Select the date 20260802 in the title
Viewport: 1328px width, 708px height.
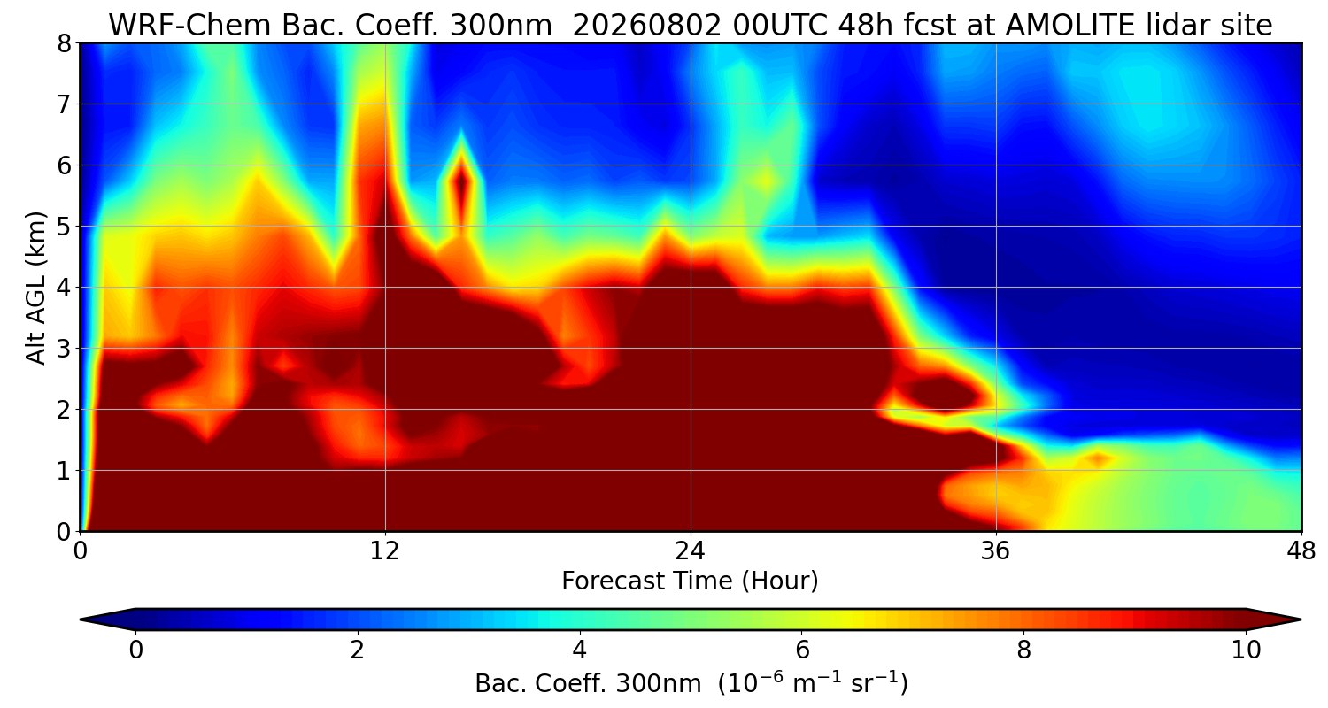pyautogui.click(x=647, y=26)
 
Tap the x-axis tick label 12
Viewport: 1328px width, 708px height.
pyautogui.click(x=385, y=551)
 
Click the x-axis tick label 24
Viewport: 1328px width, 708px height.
pyautogui.click(x=691, y=551)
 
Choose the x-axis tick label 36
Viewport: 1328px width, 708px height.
pyautogui.click(x=996, y=551)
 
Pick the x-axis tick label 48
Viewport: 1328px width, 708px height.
pyautogui.click(x=1301, y=551)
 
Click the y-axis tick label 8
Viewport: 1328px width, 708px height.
pyautogui.click(x=64, y=44)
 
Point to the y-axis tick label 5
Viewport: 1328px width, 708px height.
pyautogui.click(x=64, y=227)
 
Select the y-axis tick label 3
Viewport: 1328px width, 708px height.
pyautogui.click(x=64, y=349)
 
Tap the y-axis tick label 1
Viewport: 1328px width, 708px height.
pyautogui.click(x=64, y=471)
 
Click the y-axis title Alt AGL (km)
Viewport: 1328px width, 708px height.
pyautogui.click(x=35, y=288)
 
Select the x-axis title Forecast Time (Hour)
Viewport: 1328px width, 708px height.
pyautogui.click(x=690, y=581)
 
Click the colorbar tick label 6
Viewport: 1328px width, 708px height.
pyautogui.click(x=802, y=650)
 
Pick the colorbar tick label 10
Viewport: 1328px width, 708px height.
pyautogui.click(x=1247, y=650)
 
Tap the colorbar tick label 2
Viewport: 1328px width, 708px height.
pyautogui.click(x=357, y=650)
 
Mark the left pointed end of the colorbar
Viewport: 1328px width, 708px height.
pyautogui.click(x=81, y=619)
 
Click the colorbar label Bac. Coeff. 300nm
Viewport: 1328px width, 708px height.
pyautogui.click(x=588, y=684)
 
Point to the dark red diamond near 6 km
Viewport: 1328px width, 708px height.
pyautogui.click(x=461, y=185)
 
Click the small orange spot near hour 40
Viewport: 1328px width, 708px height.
pyautogui.click(x=1099, y=458)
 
